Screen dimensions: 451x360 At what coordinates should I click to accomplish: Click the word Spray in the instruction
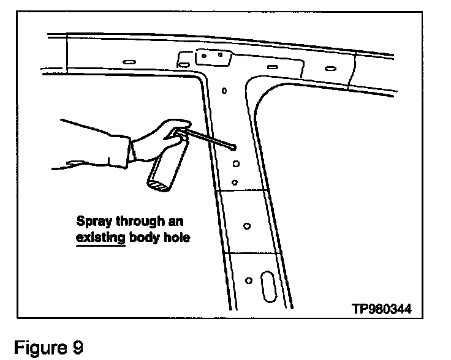coord(92,220)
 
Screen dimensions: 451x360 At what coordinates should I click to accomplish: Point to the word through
coord(137,220)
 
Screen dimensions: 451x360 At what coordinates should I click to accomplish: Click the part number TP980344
coord(381,309)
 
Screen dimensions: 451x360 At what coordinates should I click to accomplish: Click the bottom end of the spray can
coord(157,182)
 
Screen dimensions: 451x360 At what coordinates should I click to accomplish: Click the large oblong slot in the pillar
coord(269,286)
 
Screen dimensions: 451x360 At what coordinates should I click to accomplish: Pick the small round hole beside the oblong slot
coord(248,280)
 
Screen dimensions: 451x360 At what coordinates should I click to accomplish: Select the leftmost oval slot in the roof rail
coord(129,62)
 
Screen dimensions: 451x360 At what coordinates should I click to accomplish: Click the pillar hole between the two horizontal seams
coord(247,225)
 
